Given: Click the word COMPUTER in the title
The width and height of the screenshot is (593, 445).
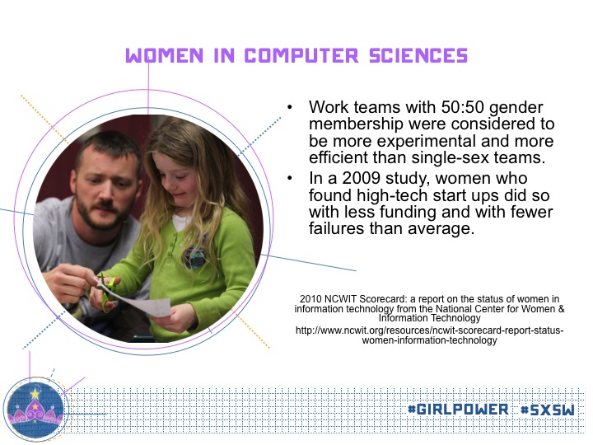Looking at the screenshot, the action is pyautogui.click(x=301, y=56).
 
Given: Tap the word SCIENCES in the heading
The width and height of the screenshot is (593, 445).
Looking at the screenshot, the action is pyautogui.click(x=418, y=56).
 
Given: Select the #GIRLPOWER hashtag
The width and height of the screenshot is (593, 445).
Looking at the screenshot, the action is pyautogui.click(x=459, y=409).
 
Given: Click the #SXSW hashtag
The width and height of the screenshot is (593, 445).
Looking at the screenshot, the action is pyautogui.click(x=547, y=410).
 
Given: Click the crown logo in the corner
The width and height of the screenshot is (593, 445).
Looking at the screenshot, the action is pyautogui.click(x=35, y=408).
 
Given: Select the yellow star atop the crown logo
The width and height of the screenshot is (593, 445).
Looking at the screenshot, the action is pyautogui.click(x=35, y=394).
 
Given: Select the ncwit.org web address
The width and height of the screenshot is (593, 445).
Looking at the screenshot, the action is pyautogui.click(x=430, y=335).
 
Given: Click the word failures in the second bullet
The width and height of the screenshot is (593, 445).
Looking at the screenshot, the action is pyautogui.click(x=336, y=228).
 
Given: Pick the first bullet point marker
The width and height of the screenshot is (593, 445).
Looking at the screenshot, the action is pyautogui.click(x=290, y=107).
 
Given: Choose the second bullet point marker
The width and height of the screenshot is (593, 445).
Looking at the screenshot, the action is pyautogui.click(x=290, y=178).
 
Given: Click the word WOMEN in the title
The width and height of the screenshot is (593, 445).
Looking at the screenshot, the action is pyautogui.click(x=165, y=56).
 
